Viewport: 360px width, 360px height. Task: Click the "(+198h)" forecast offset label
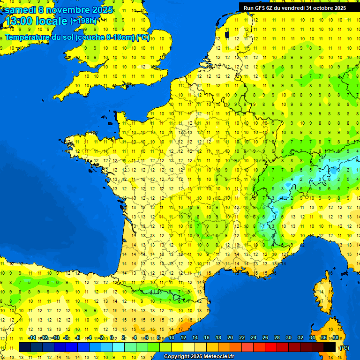83,21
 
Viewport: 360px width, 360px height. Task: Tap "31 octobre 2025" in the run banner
326,7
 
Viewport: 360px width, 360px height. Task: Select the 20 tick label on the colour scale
230,337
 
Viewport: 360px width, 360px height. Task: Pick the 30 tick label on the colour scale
288,337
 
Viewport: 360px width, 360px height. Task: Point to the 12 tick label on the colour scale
183,337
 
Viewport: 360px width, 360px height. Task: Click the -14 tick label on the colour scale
32,337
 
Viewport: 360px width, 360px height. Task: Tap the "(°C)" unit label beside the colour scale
344,347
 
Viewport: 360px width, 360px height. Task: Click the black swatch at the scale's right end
330,347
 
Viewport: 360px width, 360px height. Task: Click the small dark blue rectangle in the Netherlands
227,34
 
